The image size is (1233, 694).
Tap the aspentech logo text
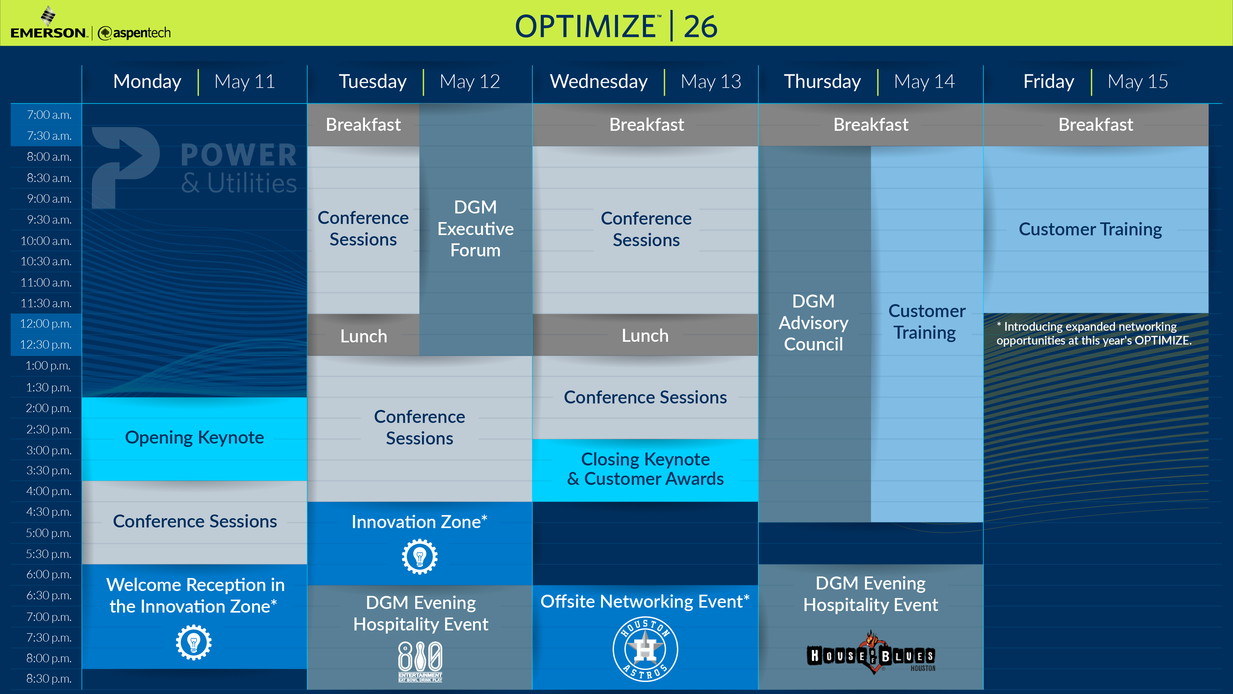134,33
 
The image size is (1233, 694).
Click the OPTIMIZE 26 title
616,26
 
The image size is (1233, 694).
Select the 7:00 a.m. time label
49,115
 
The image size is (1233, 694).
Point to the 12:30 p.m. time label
46,345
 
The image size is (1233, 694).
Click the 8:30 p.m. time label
49,679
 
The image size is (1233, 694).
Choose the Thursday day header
822,81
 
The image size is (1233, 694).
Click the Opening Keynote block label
194,437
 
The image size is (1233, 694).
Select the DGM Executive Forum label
475,229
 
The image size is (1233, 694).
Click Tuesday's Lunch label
363,336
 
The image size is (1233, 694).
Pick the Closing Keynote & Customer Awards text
645,469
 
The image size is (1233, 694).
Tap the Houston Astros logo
645,649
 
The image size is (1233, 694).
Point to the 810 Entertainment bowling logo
420,661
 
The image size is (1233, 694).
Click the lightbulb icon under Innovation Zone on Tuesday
420,556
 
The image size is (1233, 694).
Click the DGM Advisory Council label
813,323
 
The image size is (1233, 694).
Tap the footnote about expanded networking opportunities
1094,333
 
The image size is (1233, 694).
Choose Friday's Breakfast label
1096,125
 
